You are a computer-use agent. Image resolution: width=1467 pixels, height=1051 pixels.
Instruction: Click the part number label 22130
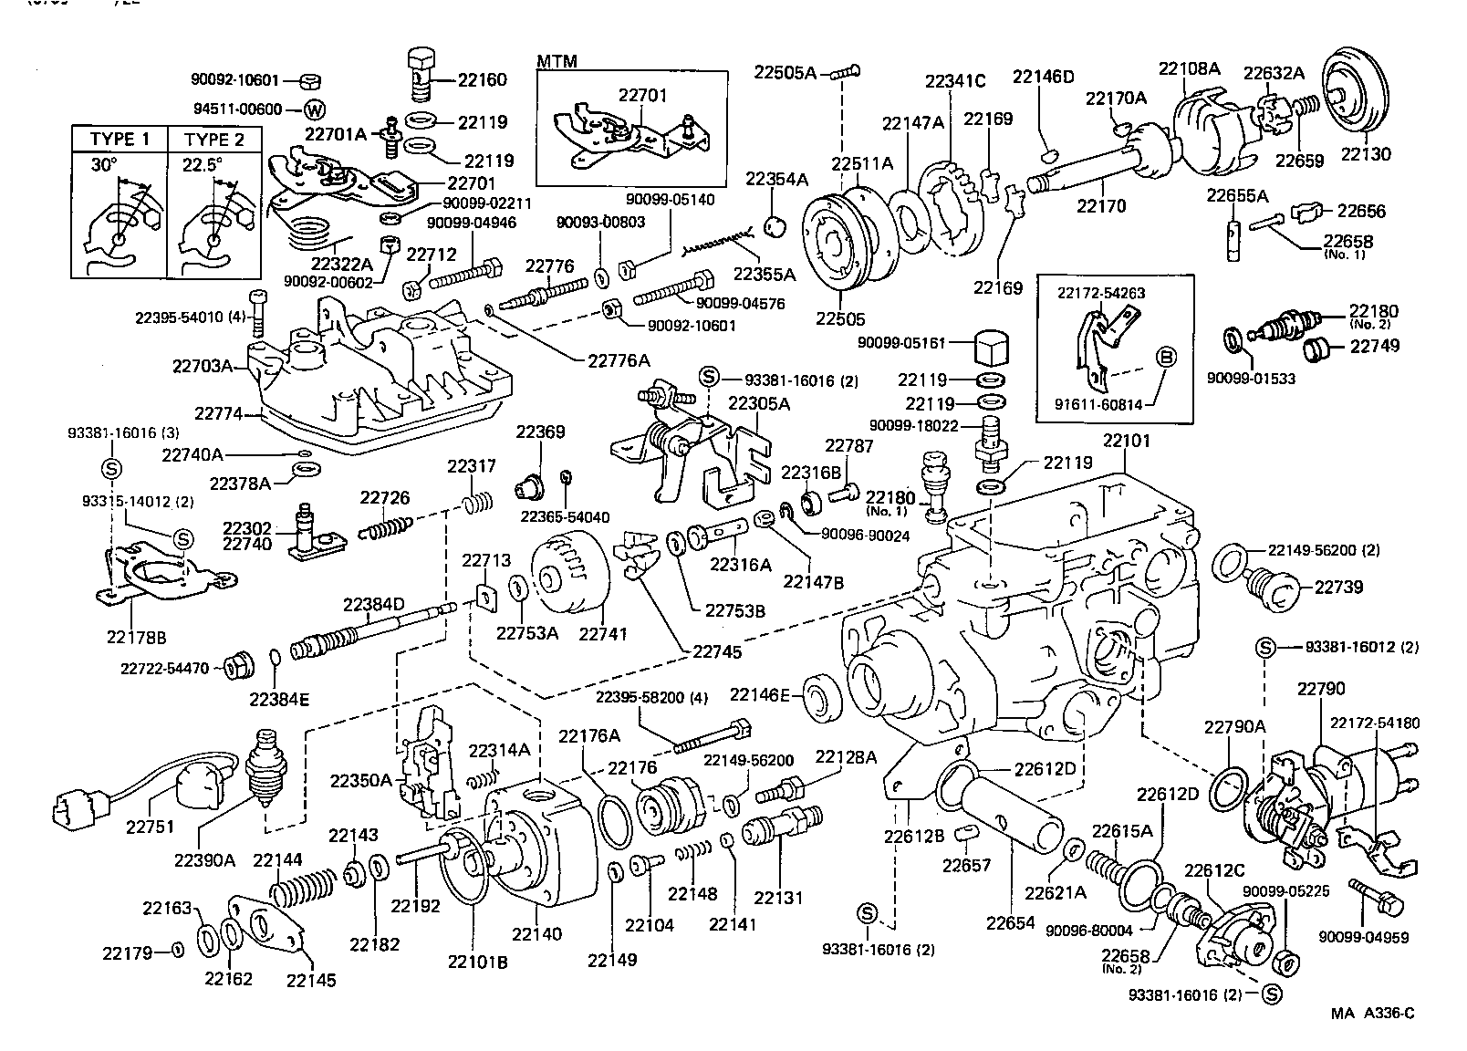[1366, 154]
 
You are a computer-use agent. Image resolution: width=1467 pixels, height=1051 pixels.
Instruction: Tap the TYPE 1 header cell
[120, 140]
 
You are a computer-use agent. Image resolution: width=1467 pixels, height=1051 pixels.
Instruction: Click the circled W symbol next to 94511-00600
[314, 109]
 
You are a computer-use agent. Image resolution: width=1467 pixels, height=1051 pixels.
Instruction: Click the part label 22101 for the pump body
[1127, 441]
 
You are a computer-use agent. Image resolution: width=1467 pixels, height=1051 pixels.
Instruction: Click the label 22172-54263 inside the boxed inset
[1101, 293]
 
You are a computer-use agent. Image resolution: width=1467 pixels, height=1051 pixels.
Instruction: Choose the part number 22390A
[204, 860]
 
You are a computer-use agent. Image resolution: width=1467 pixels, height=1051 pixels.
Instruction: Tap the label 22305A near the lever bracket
[759, 403]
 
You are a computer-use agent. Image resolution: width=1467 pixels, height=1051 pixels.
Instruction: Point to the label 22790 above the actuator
[1321, 689]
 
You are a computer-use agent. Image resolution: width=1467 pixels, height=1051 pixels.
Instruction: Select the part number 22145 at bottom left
[311, 981]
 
